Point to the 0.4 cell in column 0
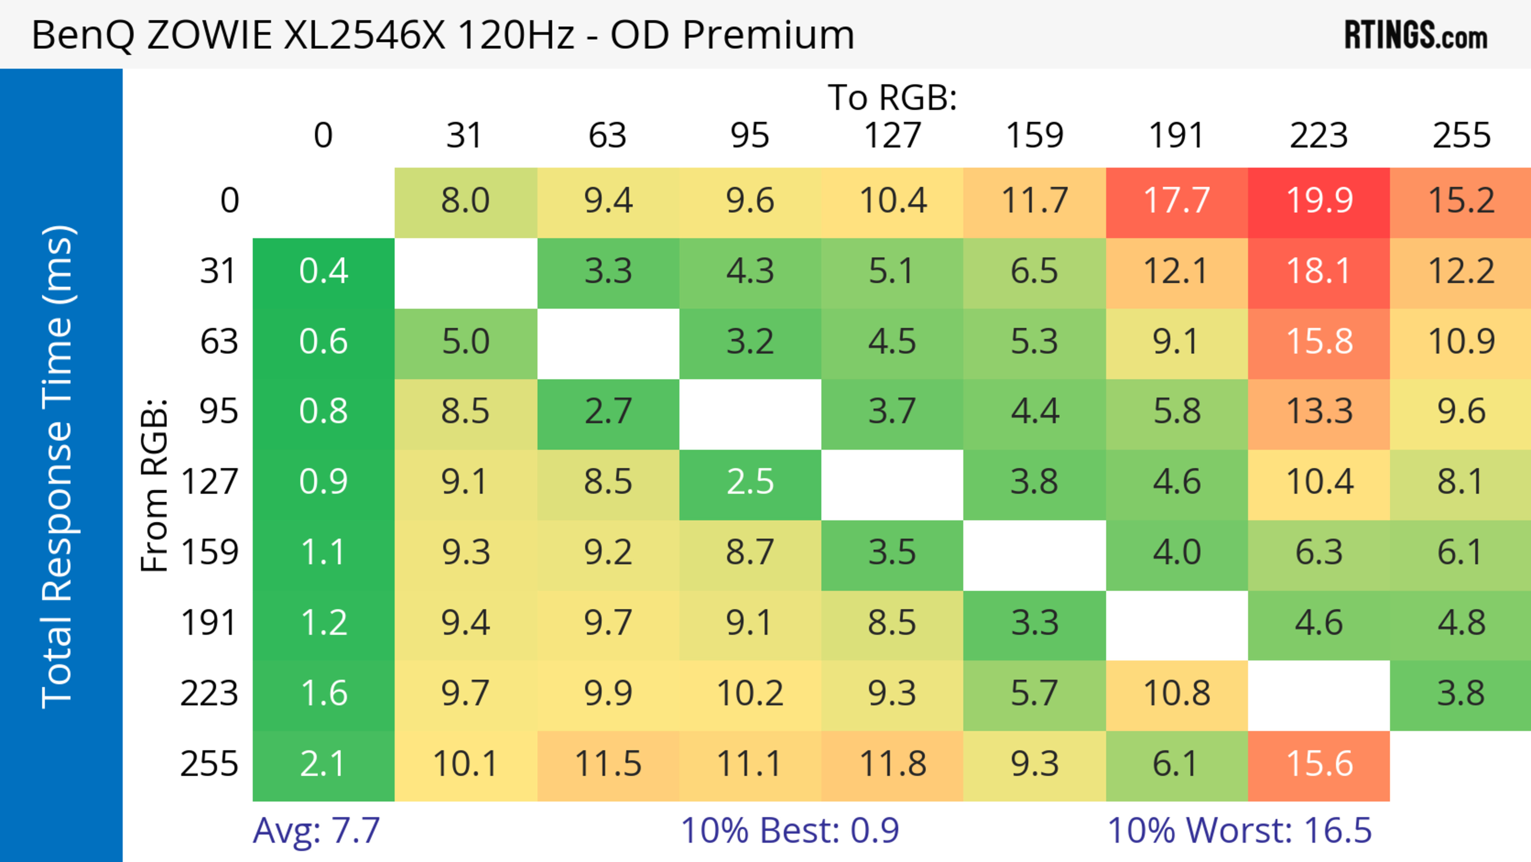pyautogui.click(x=323, y=272)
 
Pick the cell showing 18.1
pyautogui.click(x=1319, y=272)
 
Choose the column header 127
pyautogui.click(x=892, y=136)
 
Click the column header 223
pyautogui.click(x=1319, y=136)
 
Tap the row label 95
pyautogui.click(x=219, y=411)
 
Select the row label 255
pyautogui.click(x=209, y=764)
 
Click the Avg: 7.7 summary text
pyautogui.click(x=316, y=830)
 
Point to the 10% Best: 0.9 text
pyautogui.click(x=790, y=830)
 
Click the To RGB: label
pyautogui.click(x=892, y=97)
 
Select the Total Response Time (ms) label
pyautogui.click(x=58, y=467)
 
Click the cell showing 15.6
pyautogui.click(x=1319, y=764)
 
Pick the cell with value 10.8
pyautogui.click(x=1177, y=694)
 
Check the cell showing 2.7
pyautogui.click(x=608, y=411)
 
